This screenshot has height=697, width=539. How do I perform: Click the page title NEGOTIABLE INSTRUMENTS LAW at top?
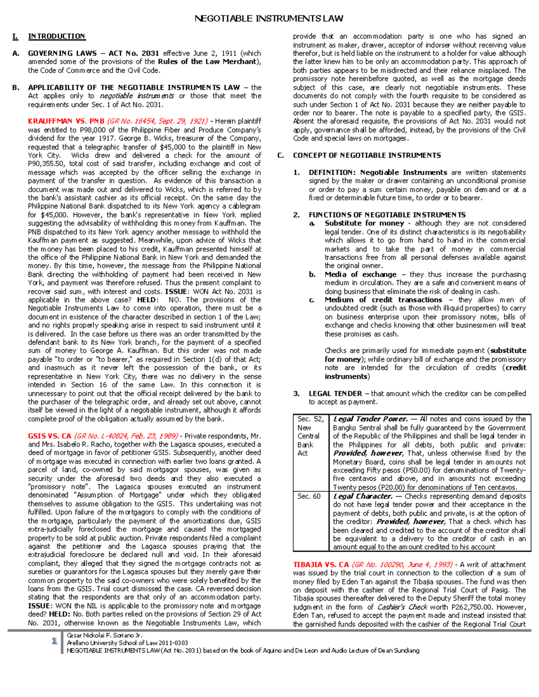pyautogui.click(x=269, y=18)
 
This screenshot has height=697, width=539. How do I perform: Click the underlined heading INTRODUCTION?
pyautogui.click(x=57, y=36)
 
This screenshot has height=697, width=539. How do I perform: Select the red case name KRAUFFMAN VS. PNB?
pyautogui.click(x=60, y=121)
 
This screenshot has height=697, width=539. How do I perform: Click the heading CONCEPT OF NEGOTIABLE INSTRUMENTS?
pyautogui.click(x=367, y=155)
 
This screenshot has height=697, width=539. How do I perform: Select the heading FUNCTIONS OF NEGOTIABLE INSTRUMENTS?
pyautogui.click(x=387, y=215)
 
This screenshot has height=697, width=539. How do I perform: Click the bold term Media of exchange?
pyautogui.click(x=360, y=274)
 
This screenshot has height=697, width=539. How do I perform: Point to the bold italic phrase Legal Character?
pyautogui.click(x=363, y=496)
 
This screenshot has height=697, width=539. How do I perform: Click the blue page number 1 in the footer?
pyautogui.click(x=54, y=641)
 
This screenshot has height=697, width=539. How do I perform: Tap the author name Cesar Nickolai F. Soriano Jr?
pyautogui.click(x=104, y=636)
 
